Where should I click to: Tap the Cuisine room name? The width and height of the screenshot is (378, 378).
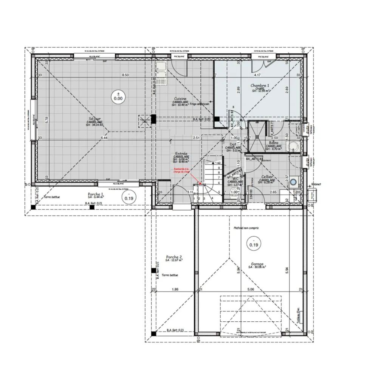pos(180,98)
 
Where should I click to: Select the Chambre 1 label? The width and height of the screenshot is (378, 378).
pos(260,86)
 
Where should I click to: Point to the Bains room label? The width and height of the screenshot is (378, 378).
pos(274,143)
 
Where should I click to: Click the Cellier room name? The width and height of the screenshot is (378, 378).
pos(267,177)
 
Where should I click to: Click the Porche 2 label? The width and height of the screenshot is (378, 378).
pos(174,257)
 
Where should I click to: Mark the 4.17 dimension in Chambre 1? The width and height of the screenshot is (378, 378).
pos(257,75)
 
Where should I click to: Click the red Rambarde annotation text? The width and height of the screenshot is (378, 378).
pos(182,170)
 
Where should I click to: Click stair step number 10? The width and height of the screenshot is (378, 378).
pos(218,163)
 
